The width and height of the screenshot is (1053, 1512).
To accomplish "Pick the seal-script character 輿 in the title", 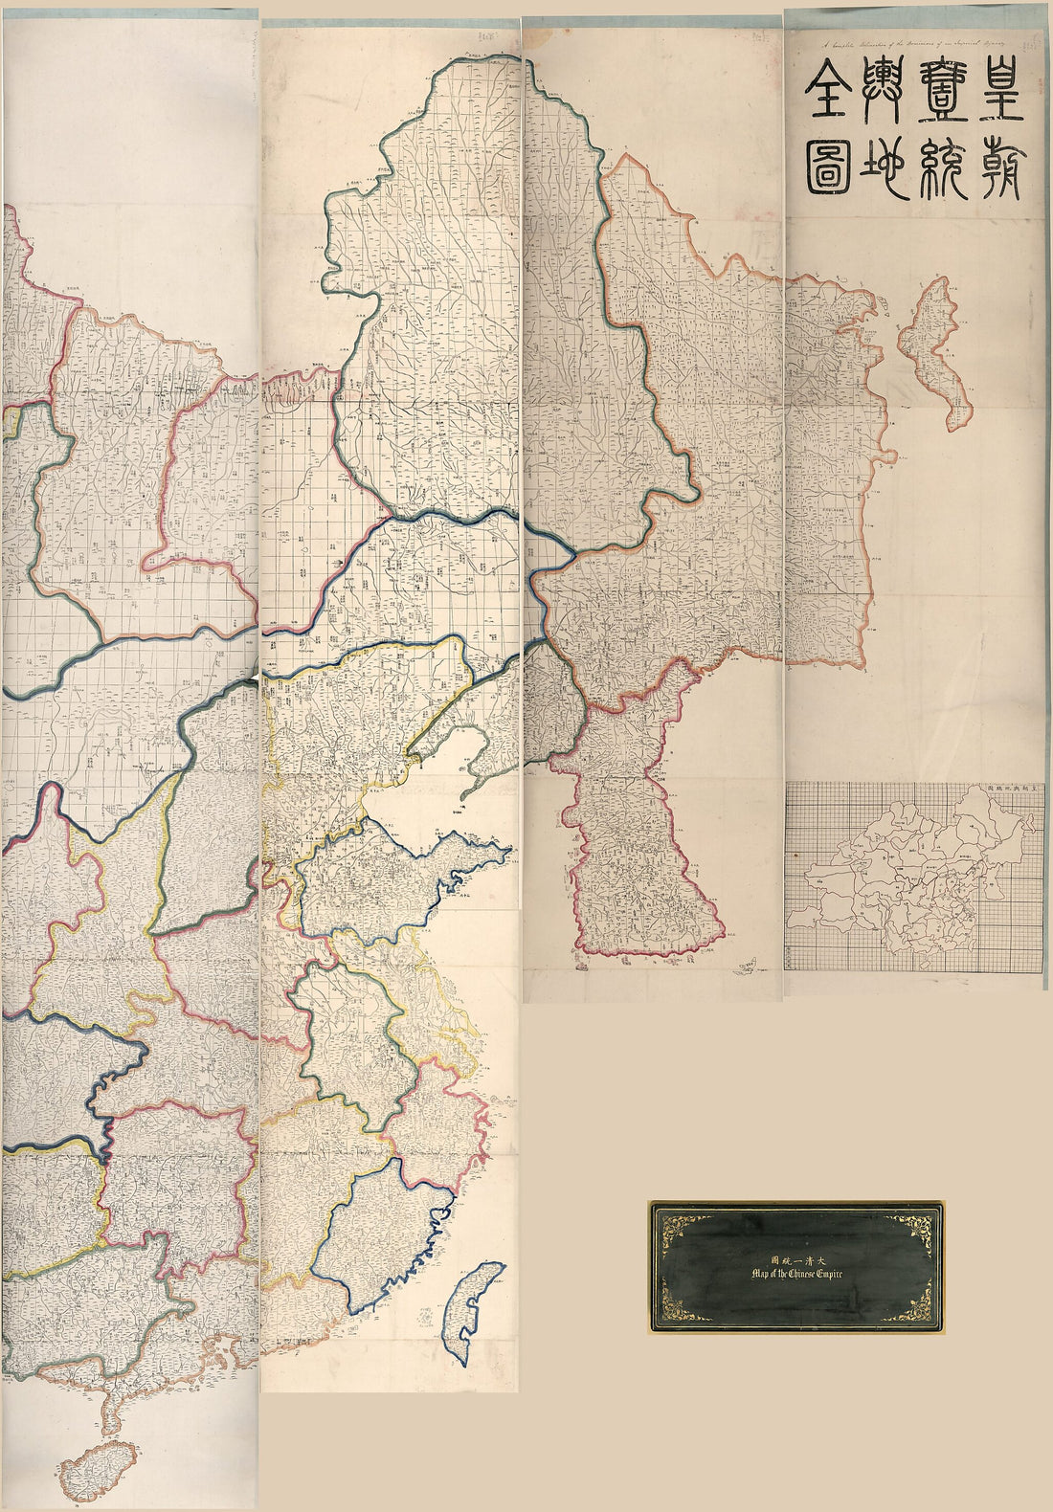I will pyautogui.click(x=830, y=97).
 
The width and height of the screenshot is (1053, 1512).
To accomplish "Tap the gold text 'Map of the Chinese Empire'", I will pyautogui.click(x=794, y=1273).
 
